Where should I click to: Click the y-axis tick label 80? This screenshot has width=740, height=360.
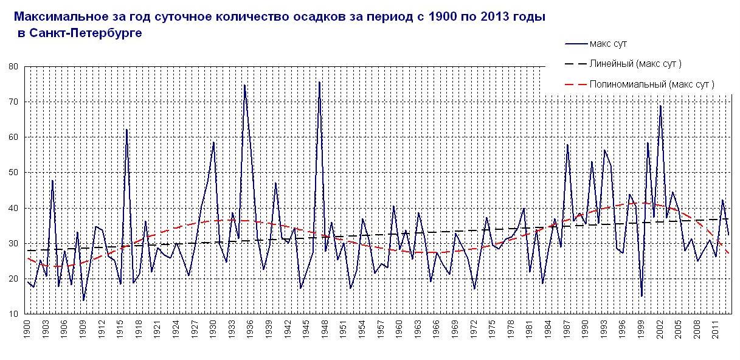coord(13,66)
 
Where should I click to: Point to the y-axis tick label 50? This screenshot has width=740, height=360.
coord(13,173)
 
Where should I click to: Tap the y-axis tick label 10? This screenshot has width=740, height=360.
coord(13,314)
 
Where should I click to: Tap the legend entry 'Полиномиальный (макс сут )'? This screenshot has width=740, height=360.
coord(651,84)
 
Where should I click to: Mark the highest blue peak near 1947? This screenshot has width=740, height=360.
coord(319,82)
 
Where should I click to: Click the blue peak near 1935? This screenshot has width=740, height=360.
coord(244,85)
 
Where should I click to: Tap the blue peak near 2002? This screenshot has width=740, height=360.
coord(660,106)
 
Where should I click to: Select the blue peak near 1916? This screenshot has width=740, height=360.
coord(126,130)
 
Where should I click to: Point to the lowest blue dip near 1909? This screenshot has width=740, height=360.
coord(83,300)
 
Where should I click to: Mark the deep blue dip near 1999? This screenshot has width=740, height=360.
coord(641,296)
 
